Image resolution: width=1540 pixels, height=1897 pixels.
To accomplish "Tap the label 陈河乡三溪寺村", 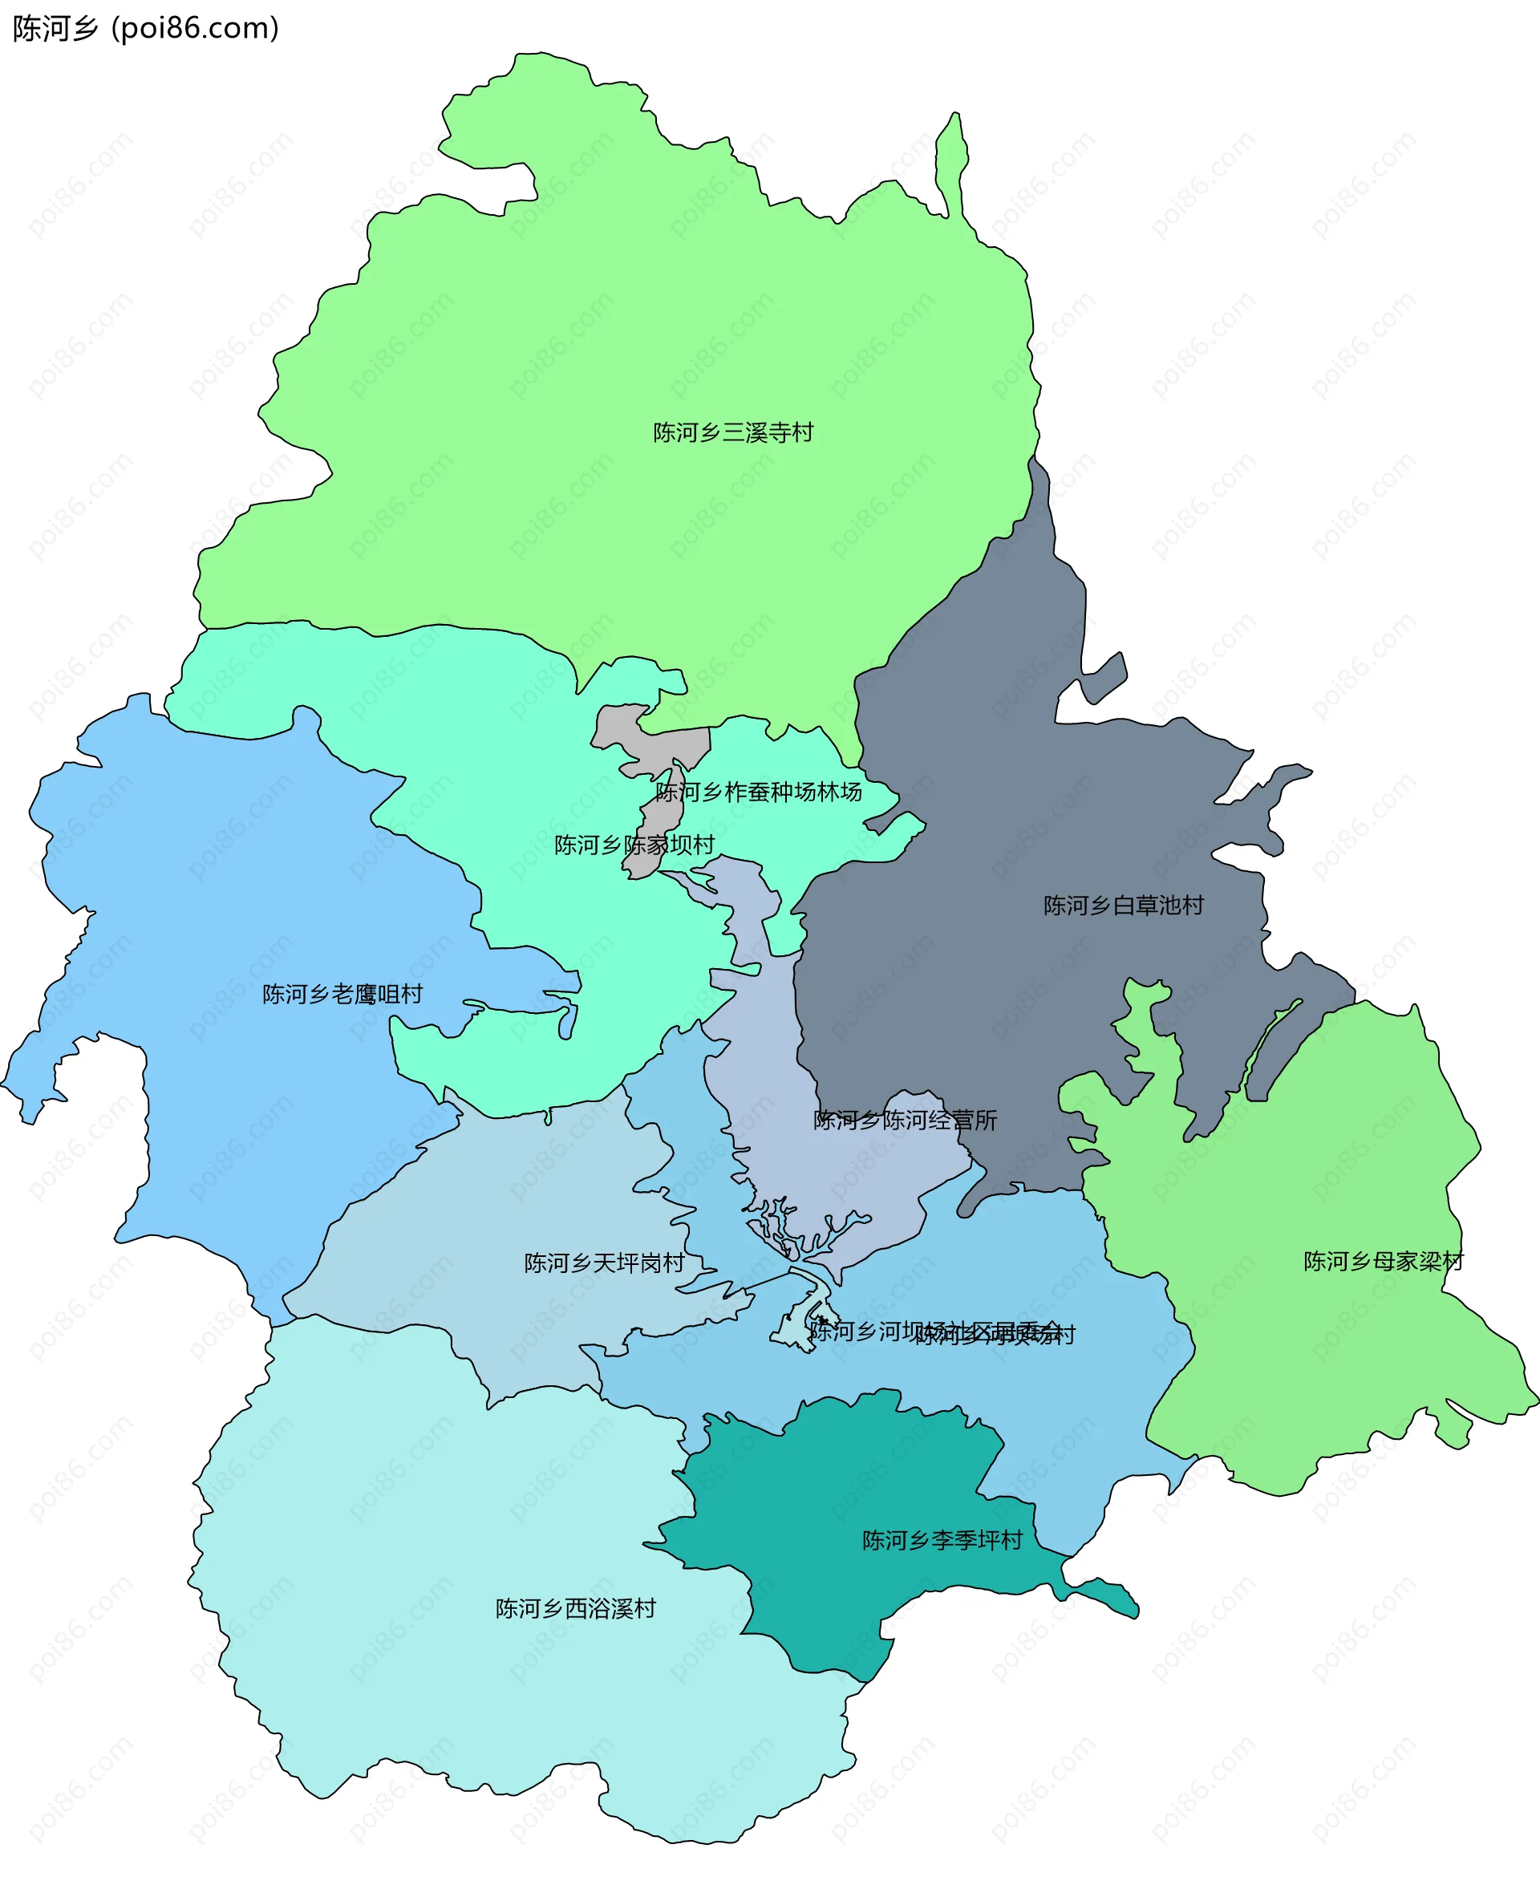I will [733, 432].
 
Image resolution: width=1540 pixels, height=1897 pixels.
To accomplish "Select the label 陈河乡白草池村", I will [1123, 905].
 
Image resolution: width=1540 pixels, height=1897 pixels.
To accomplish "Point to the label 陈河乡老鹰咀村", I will [342, 994].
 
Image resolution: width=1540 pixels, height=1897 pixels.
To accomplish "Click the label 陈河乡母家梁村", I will [1383, 1261].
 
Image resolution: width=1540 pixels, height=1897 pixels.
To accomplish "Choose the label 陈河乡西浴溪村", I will [576, 1608].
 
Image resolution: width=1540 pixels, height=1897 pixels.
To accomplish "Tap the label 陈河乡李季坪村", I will [942, 1540].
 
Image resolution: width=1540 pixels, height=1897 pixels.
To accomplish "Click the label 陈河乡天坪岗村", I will [604, 1263].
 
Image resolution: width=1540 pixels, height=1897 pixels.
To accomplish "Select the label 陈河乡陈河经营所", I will [905, 1120].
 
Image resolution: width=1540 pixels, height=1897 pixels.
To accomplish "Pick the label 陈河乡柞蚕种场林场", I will [759, 792].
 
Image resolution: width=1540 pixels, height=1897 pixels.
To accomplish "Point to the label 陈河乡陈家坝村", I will [634, 845].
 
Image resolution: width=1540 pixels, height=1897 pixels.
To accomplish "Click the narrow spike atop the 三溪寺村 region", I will [954, 160].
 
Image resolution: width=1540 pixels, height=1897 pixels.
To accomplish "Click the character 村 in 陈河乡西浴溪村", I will [646, 1608].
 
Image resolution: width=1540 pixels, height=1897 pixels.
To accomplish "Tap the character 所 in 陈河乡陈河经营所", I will [987, 1120].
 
